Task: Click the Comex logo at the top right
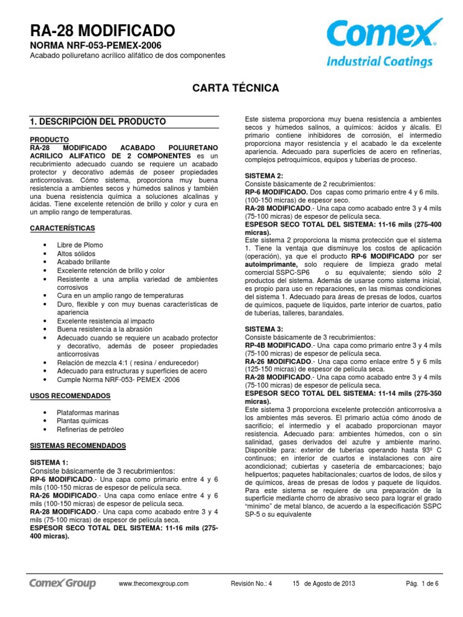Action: (x=380, y=43)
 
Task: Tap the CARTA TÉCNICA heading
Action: (x=235, y=88)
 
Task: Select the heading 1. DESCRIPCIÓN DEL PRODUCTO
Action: (x=98, y=122)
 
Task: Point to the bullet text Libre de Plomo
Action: (x=80, y=245)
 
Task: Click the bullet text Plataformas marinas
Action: (x=87, y=413)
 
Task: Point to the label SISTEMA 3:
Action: (x=263, y=328)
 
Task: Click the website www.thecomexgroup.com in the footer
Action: (x=154, y=583)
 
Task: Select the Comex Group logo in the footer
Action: (x=63, y=583)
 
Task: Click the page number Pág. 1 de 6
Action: (x=423, y=583)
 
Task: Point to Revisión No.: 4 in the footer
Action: (x=252, y=583)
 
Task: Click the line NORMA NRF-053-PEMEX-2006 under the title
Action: (x=96, y=45)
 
